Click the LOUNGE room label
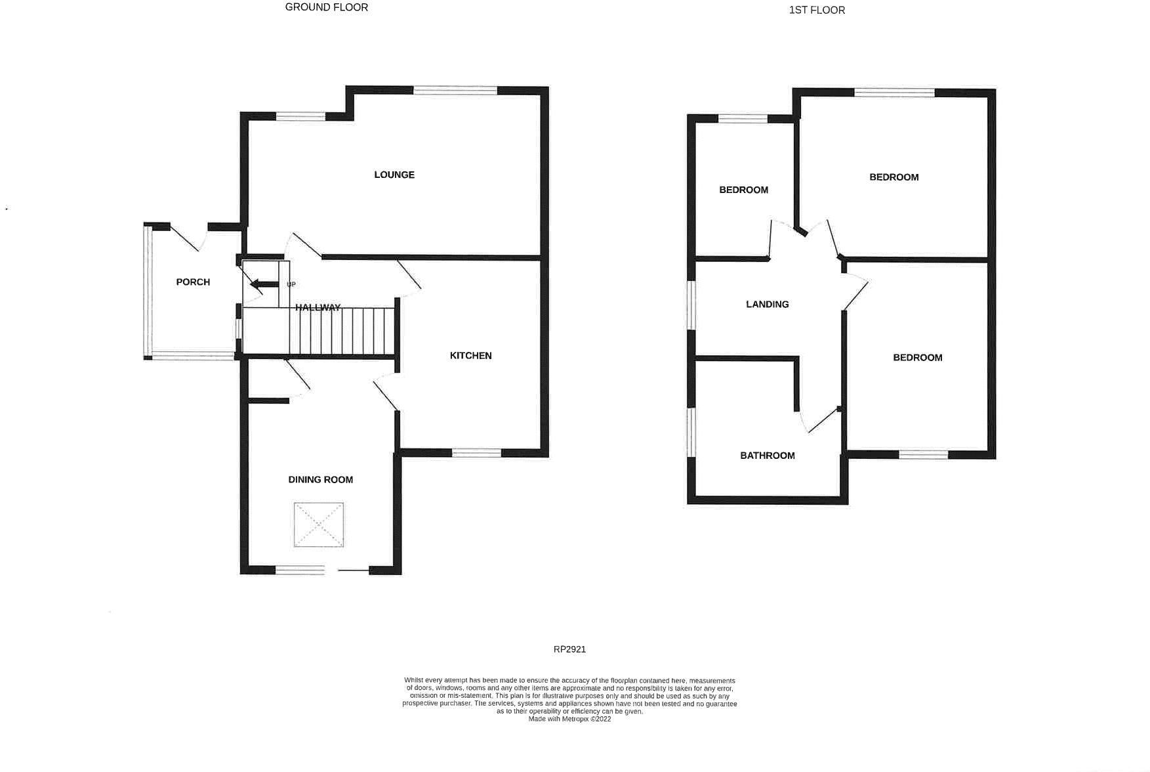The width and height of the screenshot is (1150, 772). click(394, 175)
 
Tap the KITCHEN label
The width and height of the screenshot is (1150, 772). click(470, 356)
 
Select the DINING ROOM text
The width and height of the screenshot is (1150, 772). click(321, 480)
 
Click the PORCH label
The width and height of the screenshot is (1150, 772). click(193, 282)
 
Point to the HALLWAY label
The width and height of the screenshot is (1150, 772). click(318, 307)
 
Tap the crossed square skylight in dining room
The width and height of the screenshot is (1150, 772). click(319, 525)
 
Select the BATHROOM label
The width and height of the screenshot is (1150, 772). click(767, 456)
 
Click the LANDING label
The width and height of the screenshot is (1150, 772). click(767, 305)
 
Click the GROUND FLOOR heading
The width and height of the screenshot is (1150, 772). click(327, 7)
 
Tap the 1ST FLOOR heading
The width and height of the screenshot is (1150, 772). click(817, 10)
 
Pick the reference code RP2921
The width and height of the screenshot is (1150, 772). click(569, 649)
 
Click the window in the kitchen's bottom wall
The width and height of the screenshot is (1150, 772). click(476, 452)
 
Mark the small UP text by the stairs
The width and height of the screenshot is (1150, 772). click(291, 284)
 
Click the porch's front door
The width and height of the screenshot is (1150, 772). click(190, 238)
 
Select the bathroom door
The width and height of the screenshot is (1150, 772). click(820, 422)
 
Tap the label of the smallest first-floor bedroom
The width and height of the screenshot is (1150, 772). click(743, 190)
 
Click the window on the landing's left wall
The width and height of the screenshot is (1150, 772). click(691, 305)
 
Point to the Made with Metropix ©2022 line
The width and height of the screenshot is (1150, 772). click(569, 719)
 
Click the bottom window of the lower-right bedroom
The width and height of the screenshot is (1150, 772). click(923, 454)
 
